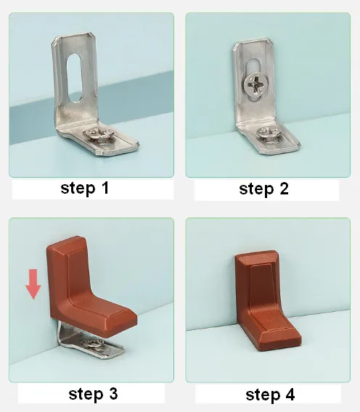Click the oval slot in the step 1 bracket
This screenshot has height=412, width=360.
coord(74,78)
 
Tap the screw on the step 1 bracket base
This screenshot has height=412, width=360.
coord(99,136)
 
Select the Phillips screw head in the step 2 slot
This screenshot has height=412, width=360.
coord(254,84)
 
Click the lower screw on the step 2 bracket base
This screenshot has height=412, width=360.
coord(269,135)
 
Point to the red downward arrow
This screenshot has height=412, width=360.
coord(33,284)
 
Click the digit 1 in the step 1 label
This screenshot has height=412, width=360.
coord(105,188)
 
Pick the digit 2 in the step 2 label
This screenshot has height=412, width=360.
coord(284,189)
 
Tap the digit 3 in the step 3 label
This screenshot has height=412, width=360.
coord(113,394)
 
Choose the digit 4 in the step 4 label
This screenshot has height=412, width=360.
coord(290,395)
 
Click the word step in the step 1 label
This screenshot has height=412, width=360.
coord(78,189)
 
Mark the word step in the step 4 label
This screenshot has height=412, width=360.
coord(263,395)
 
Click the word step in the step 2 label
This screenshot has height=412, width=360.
coord(256,189)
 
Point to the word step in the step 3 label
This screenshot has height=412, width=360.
coord(86,395)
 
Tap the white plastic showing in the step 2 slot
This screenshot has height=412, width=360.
coord(253,66)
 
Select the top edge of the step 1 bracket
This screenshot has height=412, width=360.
coord(75,35)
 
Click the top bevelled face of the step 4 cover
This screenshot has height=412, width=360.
coord(255,258)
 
